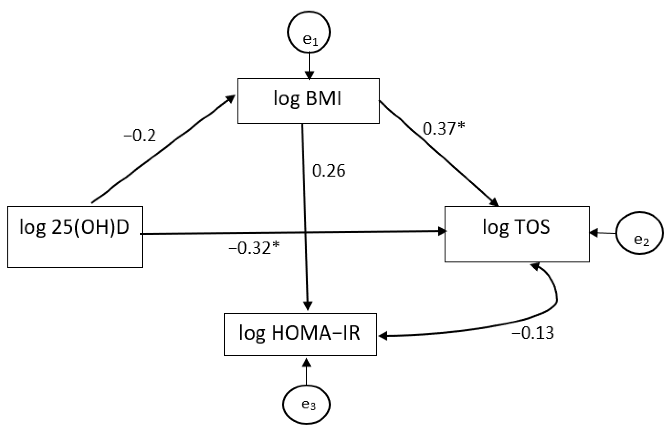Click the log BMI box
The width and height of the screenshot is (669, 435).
(x=308, y=101)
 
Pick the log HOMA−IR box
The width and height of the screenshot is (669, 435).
(x=300, y=334)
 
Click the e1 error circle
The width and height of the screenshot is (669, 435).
(x=309, y=32)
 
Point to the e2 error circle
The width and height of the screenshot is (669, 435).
(x=640, y=233)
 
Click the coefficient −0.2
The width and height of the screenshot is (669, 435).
(x=139, y=136)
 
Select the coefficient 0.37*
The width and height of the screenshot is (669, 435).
(x=443, y=129)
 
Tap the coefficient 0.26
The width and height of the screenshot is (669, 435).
(x=328, y=171)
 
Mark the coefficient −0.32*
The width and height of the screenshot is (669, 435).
(x=254, y=248)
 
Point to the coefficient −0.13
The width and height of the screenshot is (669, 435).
(x=533, y=333)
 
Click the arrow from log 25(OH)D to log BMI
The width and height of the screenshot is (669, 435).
(x=163, y=149)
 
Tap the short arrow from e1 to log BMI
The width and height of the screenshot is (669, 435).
(x=309, y=66)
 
